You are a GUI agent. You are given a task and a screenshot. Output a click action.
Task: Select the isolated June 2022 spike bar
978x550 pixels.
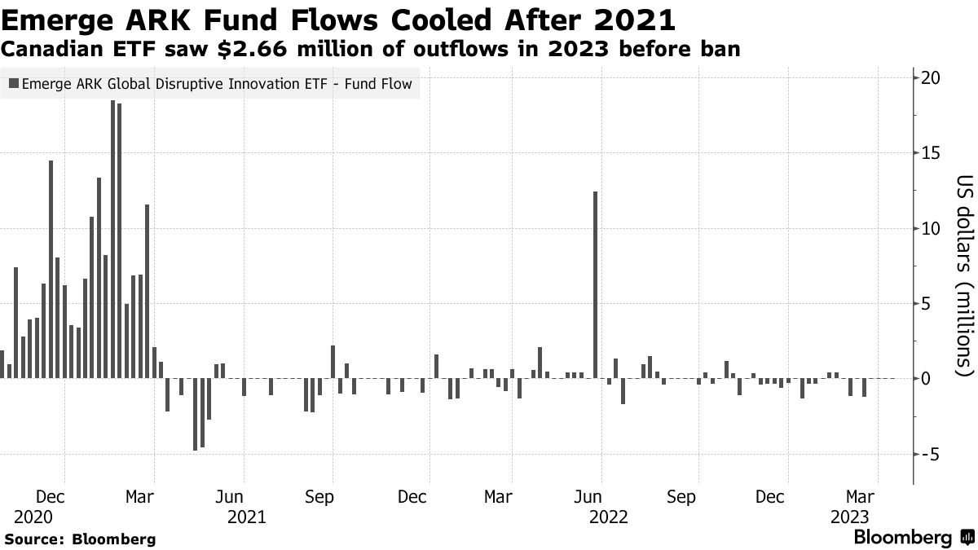point(596,285)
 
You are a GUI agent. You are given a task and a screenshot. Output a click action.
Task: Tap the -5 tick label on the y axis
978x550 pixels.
point(932,454)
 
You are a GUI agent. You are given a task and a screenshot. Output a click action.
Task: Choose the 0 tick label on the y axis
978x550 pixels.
point(927,379)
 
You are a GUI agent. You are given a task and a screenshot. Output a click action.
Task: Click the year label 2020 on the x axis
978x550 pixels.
point(33,517)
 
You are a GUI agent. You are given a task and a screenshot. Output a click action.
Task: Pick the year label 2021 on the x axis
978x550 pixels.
point(246,517)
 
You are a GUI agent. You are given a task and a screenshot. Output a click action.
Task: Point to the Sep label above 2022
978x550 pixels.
point(681,496)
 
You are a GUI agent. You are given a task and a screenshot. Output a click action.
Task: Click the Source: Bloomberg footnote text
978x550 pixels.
point(80,539)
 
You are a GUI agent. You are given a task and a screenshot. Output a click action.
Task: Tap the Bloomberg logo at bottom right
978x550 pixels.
point(913,538)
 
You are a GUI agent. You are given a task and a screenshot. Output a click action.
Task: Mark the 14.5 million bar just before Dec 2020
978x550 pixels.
point(51,269)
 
